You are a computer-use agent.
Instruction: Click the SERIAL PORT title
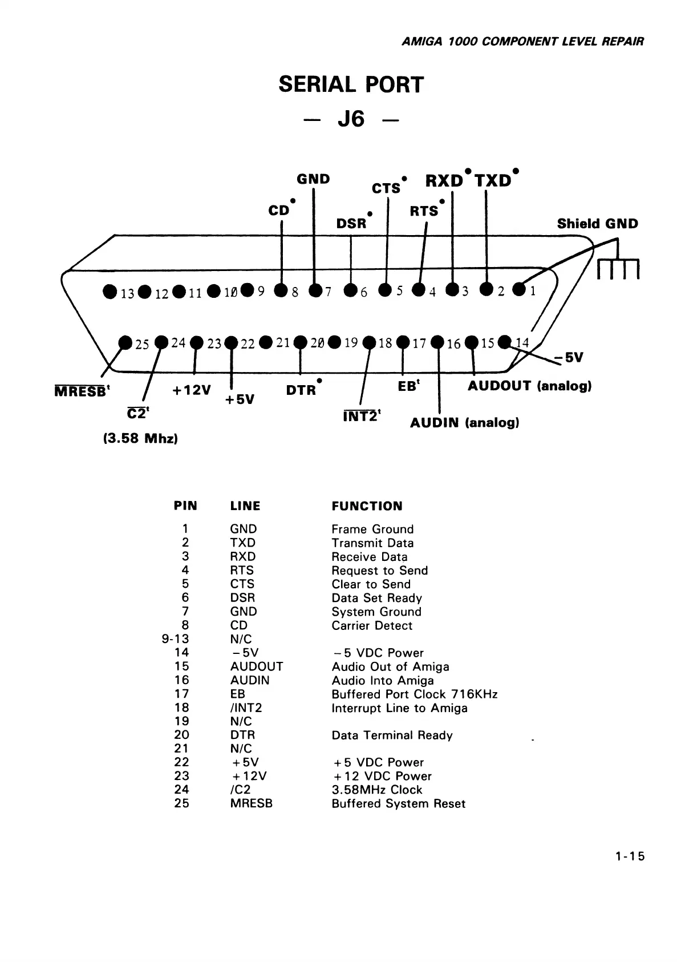351,85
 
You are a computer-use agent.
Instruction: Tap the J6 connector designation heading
351,119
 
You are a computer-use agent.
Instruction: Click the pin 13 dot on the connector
110,292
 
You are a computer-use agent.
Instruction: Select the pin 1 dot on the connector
519,290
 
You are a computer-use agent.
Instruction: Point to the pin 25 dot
125,342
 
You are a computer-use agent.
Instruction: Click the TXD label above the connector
493,181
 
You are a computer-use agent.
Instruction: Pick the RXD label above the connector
444,181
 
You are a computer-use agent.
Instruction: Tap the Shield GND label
597,224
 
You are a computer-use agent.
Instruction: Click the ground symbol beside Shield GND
619,265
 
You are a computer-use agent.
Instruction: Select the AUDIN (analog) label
464,423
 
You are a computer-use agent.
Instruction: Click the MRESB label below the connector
80,392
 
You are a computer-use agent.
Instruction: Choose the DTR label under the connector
301,390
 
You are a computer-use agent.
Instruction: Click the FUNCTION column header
367,506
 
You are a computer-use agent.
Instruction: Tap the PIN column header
185,506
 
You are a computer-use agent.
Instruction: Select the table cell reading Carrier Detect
371,625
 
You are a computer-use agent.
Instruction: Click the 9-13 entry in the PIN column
175,639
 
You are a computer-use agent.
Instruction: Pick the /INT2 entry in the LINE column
246,708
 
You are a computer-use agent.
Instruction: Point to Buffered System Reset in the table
398,804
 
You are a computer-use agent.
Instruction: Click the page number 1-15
630,856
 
